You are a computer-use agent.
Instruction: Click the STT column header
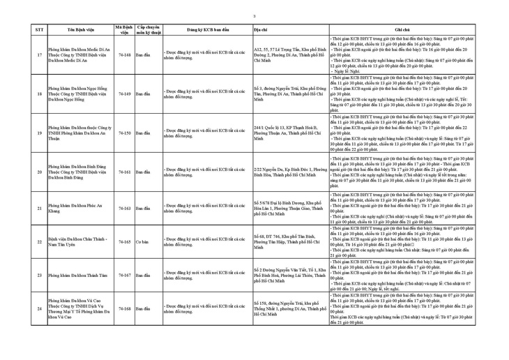(x=39, y=31)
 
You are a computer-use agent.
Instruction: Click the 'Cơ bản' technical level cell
(x=142, y=242)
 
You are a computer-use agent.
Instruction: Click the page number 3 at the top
(x=254, y=16)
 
